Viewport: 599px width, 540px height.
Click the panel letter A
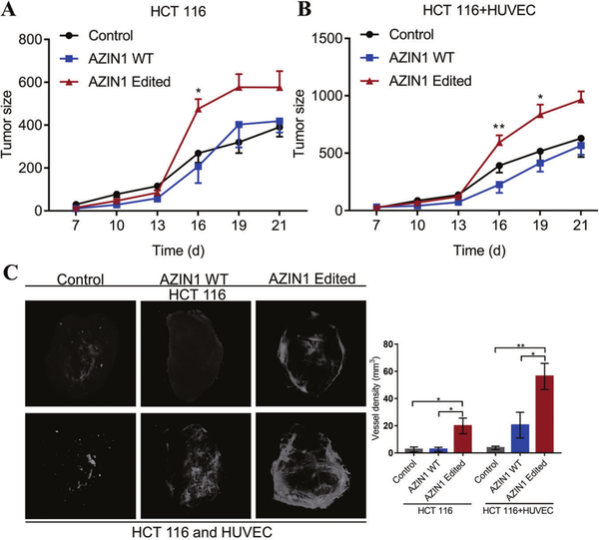tap(8, 9)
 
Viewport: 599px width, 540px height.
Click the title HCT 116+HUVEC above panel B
tap(479, 10)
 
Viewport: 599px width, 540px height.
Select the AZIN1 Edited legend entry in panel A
tap(116, 82)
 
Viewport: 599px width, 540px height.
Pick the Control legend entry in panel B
tap(397, 34)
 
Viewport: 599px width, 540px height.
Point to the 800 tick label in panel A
tap(30, 39)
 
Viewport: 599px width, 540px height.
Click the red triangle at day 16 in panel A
tap(198, 109)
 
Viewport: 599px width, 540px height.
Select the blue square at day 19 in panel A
tap(240, 125)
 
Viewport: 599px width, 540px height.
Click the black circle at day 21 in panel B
tap(581, 139)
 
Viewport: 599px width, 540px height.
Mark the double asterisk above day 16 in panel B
tap(499, 127)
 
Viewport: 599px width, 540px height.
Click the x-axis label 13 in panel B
tap(458, 225)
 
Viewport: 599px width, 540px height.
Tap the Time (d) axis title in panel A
tap(179, 251)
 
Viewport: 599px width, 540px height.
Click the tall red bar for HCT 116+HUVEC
tap(544, 414)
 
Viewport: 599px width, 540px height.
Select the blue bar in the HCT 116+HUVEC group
tap(520, 438)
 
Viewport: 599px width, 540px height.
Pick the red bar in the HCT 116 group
tap(463, 439)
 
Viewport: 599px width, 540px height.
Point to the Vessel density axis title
tap(376, 398)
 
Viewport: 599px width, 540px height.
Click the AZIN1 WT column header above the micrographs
tap(194, 279)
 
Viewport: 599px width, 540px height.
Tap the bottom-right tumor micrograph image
tap(310, 465)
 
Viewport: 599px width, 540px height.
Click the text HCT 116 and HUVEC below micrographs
tap(202, 532)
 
